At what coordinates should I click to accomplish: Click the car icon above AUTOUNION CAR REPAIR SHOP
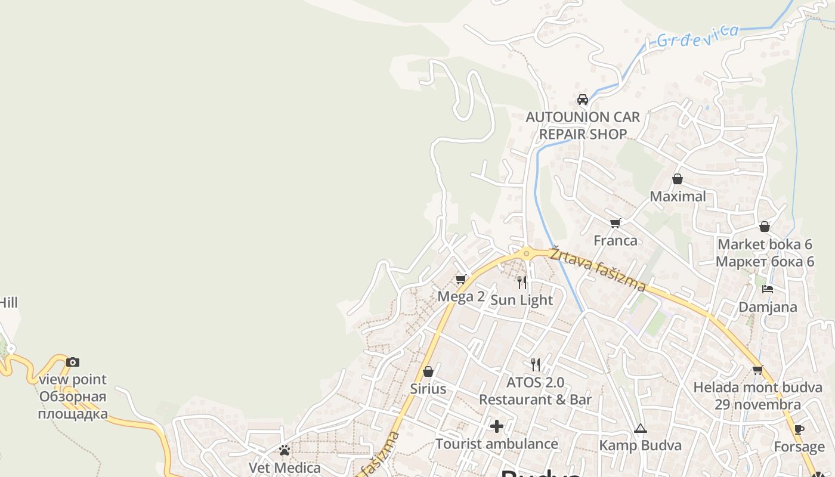tap(583, 99)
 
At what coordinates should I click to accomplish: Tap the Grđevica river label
tap(697, 35)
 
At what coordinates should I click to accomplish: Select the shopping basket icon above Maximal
tap(678, 179)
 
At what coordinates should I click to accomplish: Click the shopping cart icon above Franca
tap(616, 223)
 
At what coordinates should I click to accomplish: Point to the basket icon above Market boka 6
tap(765, 227)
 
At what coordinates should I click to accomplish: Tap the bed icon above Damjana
tap(768, 289)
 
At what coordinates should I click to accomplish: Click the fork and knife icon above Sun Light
tap(522, 282)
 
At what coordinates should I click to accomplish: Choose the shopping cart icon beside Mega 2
tap(460, 279)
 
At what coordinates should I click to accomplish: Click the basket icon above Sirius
tap(428, 371)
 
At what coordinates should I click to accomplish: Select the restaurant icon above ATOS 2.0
tap(536, 364)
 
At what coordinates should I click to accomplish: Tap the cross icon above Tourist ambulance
tap(497, 426)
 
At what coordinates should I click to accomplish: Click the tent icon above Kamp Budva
tap(640, 428)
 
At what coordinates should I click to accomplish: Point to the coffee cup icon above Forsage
tap(799, 429)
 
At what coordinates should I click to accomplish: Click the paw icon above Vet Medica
tap(284, 450)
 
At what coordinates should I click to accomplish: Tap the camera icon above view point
tap(73, 362)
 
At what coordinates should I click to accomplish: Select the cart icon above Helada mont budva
tap(758, 370)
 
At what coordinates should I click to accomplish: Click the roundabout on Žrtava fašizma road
tap(527, 254)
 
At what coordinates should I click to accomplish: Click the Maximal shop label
tap(678, 196)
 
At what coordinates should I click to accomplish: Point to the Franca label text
tap(616, 240)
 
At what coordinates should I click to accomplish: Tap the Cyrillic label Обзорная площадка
tap(73, 405)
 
